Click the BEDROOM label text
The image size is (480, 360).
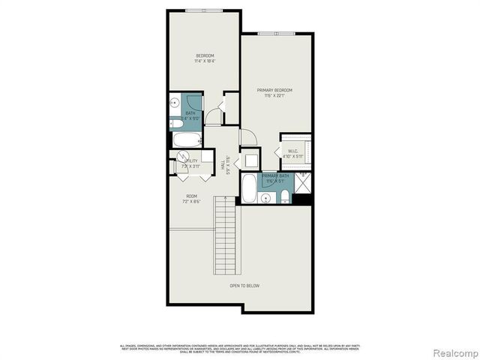click(205, 56)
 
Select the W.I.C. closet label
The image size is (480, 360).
click(294, 151)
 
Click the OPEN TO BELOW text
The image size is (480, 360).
click(245, 285)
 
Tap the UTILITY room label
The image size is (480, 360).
click(191, 160)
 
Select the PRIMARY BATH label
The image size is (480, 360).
click(275, 175)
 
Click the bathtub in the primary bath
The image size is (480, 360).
click(249, 190)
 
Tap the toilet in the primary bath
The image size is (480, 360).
click(285, 196)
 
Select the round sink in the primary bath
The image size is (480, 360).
click(265, 198)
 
